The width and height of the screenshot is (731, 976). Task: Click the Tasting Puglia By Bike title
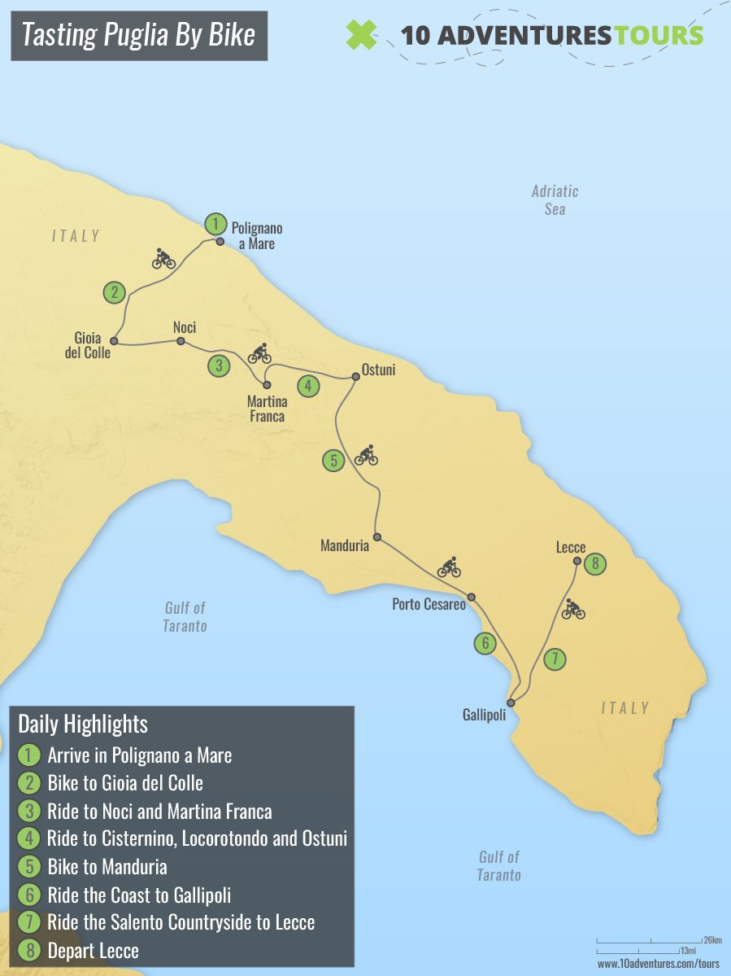pyautogui.click(x=138, y=35)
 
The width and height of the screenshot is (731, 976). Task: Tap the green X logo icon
pyautogui.click(x=362, y=35)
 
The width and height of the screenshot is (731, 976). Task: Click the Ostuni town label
pyautogui.click(x=378, y=370)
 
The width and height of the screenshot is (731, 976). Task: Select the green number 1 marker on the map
pyautogui.click(x=215, y=223)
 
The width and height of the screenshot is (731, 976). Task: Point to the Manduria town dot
pyautogui.click(x=376, y=536)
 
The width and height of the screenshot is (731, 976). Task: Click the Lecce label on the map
pyautogui.click(x=571, y=547)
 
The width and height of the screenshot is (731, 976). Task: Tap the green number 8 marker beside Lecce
pyautogui.click(x=596, y=562)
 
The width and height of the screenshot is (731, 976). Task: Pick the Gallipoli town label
pyautogui.click(x=484, y=715)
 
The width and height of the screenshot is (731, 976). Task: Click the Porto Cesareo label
pyautogui.click(x=429, y=604)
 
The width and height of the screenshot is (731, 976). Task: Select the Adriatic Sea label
pyautogui.click(x=555, y=199)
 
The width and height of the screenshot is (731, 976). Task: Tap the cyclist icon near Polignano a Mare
pyautogui.click(x=163, y=259)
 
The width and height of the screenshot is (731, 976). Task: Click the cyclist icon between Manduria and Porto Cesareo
pyautogui.click(x=449, y=567)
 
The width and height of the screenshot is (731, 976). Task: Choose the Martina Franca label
pyautogui.click(x=266, y=408)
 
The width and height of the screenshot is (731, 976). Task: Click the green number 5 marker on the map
pyautogui.click(x=333, y=461)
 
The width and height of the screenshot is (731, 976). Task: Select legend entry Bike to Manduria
pyautogui.click(x=107, y=866)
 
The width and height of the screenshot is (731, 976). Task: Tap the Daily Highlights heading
pyautogui.click(x=83, y=724)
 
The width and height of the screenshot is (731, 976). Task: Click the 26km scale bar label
pyautogui.click(x=712, y=941)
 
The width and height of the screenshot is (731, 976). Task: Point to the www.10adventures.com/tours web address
pyautogui.click(x=659, y=964)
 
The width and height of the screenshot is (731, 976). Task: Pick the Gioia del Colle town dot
pyautogui.click(x=115, y=341)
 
